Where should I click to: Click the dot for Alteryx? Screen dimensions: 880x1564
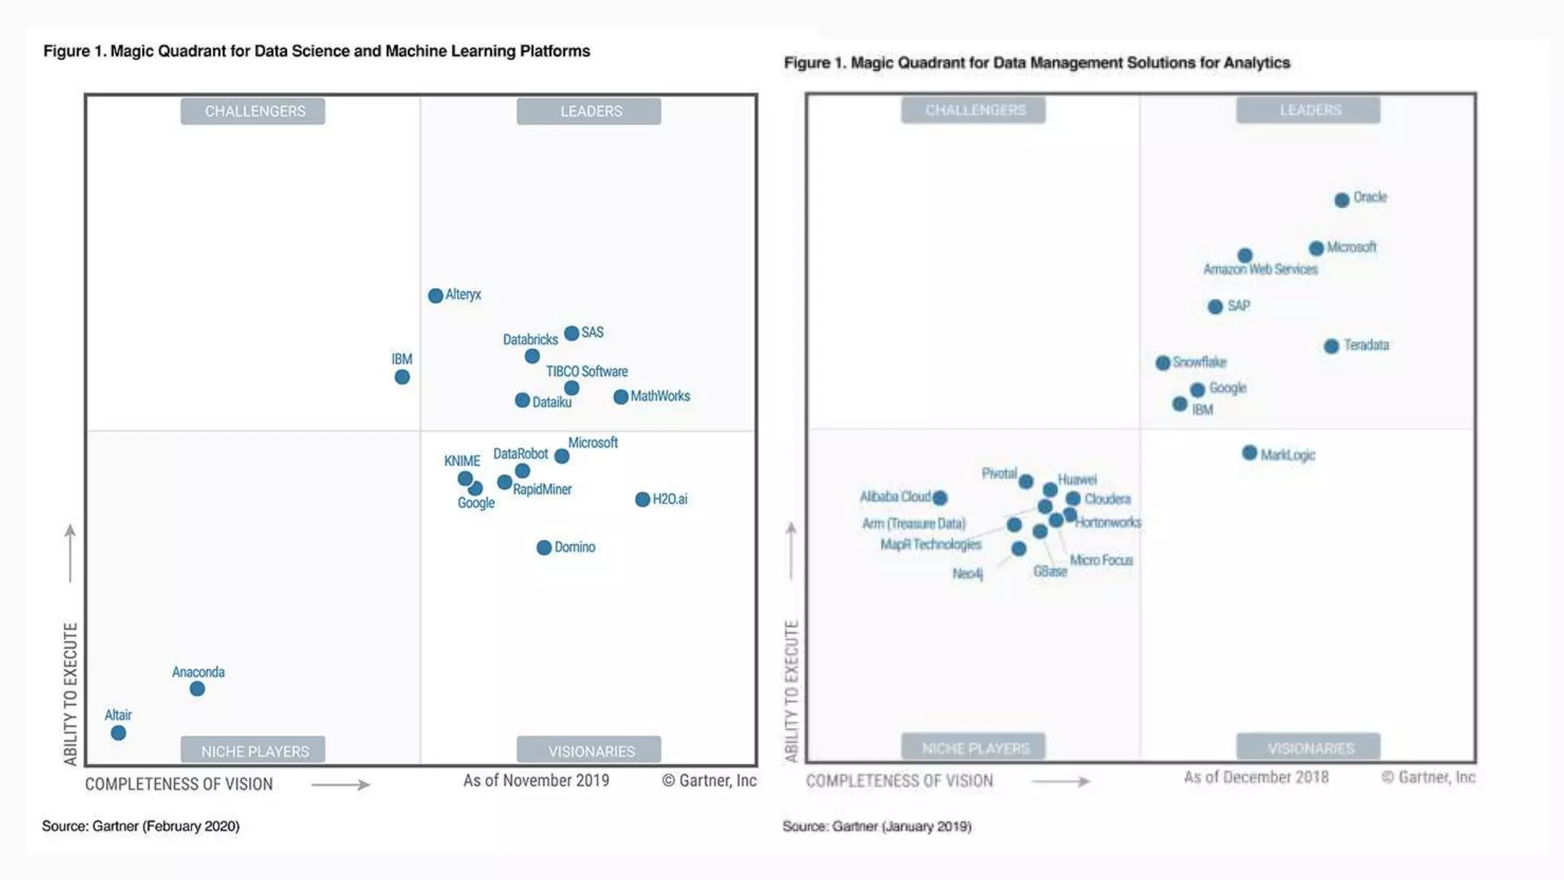pyautogui.click(x=435, y=296)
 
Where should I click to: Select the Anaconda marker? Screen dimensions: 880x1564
pyautogui.click(x=197, y=689)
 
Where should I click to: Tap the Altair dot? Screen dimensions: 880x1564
pyautogui.click(x=118, y=733)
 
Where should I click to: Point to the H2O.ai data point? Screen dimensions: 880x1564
pyautogui.click(x=642, y=500)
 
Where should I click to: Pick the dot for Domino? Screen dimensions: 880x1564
pyautogui.click(x=544, y=548)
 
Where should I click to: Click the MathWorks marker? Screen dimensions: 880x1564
pyautogui.click(x=621, y=397)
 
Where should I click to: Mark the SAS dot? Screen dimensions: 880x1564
pyautogui.click(x=571, y=334)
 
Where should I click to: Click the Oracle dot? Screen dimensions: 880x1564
pyautogui.click(x=1342, y=200)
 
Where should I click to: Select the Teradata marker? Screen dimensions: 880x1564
pyautogui.click(x=1331, y=346)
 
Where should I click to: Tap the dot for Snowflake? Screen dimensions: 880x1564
pyautogui.click(x=1162, y=363)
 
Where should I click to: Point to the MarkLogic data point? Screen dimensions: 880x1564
pyautogui.click(x=1249, y=453)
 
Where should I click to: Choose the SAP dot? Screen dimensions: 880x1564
pyautogui.click(x=1215, y=307)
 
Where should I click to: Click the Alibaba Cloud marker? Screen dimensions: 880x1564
pyautogui.click(x=940, y=498)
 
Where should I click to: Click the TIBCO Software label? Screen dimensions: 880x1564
pyautogui.click(x=586, y=372)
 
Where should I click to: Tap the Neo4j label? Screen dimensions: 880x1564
pyautogui.click(x=968, y=574)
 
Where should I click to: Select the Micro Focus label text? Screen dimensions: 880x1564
pyautogui.click(x=1101, y=561)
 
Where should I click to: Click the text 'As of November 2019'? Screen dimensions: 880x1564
pyautogui.click(x=536, y=781)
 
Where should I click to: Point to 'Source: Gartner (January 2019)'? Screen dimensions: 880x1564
pyautogui.click(x=877, y=827)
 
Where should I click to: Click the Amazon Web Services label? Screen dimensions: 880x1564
pyautogui.click(x=1260, y=270)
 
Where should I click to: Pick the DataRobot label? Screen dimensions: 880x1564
pyautogui.click(x=520, y=454)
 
